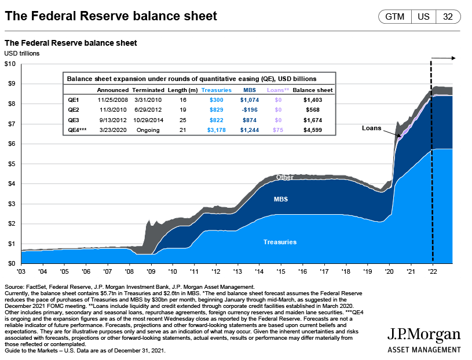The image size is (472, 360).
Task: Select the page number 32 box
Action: [x=448, y=17]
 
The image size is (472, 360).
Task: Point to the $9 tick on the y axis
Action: [x=10, y=84]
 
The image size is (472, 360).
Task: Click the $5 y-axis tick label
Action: [x=10, y=164]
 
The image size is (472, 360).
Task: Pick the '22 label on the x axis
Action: [x=433, y=271]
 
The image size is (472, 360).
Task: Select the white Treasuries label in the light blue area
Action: [x=280, y=241]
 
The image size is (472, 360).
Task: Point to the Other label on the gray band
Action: [x=284, y=178]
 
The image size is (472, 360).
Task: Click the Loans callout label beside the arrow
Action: [x=372, y=128]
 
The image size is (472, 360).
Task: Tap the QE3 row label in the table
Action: [x=74, y=119]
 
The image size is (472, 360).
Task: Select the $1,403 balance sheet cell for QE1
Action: [x=312, y=100]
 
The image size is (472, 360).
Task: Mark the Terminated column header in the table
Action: [x=148, y=90]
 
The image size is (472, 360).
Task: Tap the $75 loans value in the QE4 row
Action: [x=278, y=130]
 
